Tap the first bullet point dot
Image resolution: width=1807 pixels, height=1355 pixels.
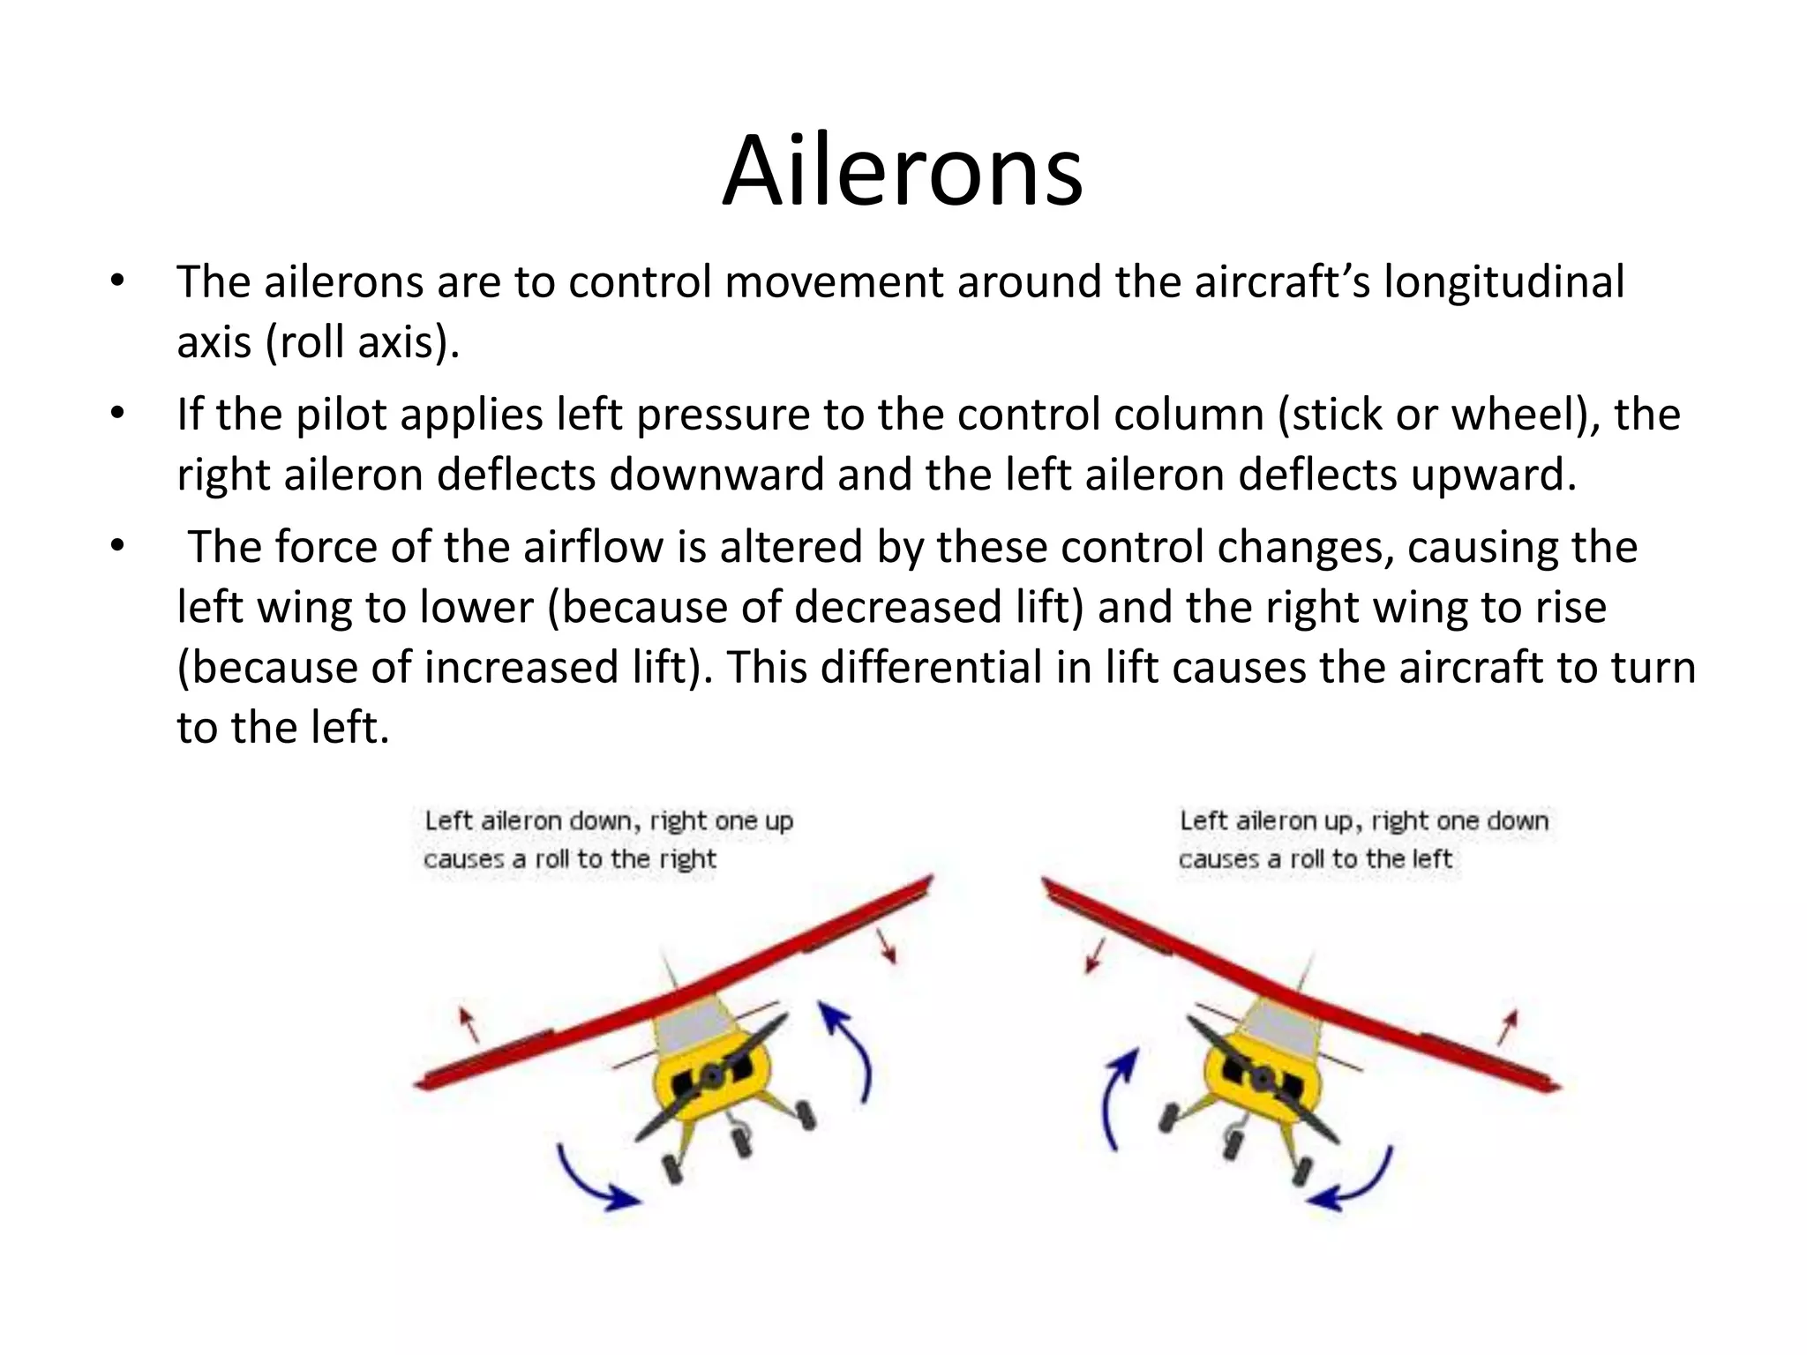118,282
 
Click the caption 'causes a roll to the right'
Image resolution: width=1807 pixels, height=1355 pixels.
569,858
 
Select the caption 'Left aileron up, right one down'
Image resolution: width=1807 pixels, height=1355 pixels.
1364,820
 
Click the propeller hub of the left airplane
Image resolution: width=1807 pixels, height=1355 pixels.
710,1077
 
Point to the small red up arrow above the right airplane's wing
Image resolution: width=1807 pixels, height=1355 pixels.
1509,1026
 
